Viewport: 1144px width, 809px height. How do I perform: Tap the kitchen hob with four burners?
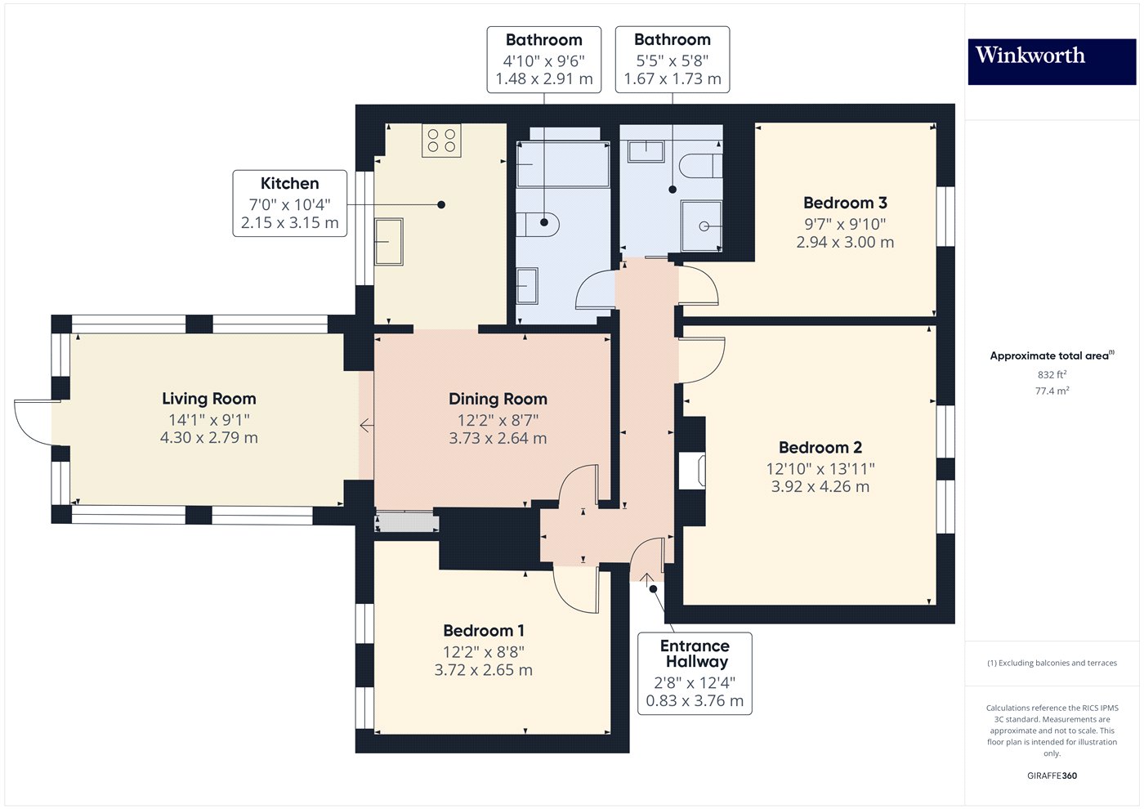[x=441, y=140]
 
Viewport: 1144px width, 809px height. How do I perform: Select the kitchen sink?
[x=389, y=242]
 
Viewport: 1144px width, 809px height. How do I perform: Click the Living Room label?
[x=209, y=399]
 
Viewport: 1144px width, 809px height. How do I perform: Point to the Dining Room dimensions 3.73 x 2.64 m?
[x=498, y=439]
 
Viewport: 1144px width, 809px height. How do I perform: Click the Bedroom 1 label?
[x=484, y=631]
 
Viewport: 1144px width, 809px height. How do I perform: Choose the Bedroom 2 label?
[x=820, y=448]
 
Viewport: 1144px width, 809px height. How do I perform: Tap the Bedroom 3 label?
[x=845, y=203]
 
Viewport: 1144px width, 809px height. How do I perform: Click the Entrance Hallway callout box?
[x=695, y=673]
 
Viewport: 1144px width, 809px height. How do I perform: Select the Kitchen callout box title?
[x=290, y=184]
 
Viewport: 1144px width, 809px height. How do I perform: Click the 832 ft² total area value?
[x=1052, y=375]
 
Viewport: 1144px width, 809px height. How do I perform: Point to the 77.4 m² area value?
[x=1052, y=391]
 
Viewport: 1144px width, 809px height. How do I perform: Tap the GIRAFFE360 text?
[x=1052, y=775]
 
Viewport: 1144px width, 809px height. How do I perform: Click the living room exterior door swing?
[x=33, y=421]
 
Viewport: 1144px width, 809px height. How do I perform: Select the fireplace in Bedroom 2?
[x=691, y=472]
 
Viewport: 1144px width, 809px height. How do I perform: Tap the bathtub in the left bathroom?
[x=563, y=164]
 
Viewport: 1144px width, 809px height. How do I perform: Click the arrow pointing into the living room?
[x=366, y=426]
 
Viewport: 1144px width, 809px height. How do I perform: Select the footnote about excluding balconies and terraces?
[x=1052, y=663]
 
